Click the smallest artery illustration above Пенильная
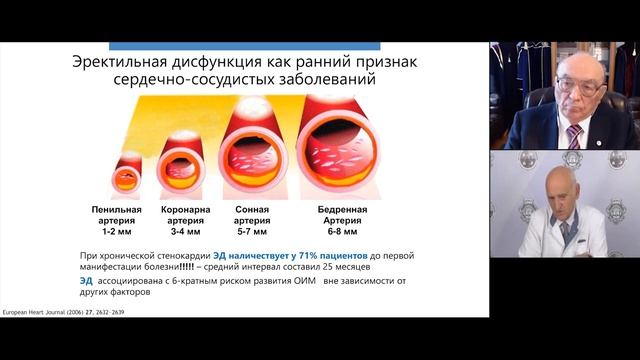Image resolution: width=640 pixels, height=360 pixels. coord(127,174)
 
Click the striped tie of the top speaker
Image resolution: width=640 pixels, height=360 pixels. coord(574,135)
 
